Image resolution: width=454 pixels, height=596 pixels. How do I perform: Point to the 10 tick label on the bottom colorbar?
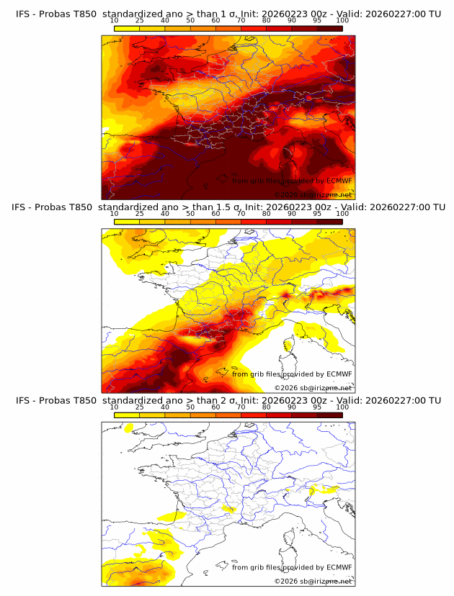coord(115,407)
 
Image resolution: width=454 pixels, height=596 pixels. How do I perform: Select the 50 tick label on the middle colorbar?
coord(190,214)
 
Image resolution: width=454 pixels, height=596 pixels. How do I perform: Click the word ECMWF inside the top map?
coord(339,181)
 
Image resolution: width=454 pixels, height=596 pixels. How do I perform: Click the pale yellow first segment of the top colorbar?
coord(127,28)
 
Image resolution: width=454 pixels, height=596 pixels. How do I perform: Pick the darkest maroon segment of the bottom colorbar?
coord(329,415)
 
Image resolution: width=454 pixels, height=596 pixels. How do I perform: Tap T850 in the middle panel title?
coord(86,207)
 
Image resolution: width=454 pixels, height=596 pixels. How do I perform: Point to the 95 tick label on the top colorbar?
coord(317,20)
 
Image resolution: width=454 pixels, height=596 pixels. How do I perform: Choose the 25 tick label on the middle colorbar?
coord(140,214)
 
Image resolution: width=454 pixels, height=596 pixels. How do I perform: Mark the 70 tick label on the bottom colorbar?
coord(241,407)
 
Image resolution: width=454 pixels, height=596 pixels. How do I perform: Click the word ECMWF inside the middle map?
coord(339,374)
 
